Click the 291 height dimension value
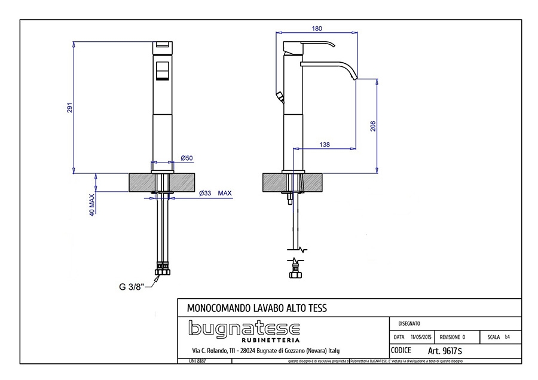click(69, 108)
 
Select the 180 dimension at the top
click(317, 28)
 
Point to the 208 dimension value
click(373, 127)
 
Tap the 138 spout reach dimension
click(325, 145)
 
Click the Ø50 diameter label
click(187, 158)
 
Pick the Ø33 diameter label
click(205, 193)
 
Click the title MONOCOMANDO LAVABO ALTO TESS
click(257, 308)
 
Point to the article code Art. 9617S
click(445, 351)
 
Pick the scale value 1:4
click(507, 337)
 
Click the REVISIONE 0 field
click(452, 337)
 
